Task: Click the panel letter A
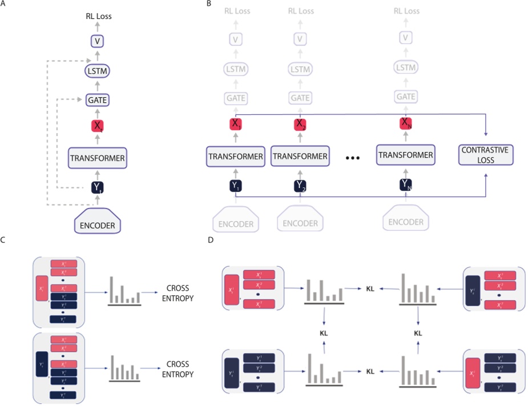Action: pyautogui.click(x=3, y=4)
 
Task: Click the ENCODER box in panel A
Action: pyautogui.click(x=96, y=225)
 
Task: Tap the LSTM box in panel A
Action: pyautogui.click(x=96, y=71)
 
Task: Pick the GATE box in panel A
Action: pyautogui.click(x=96, y=100)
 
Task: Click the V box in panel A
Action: pyautogui.click(x=96, y=41)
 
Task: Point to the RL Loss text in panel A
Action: pyautogui.click(x=96, y=16)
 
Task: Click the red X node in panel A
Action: pyautogui.click(x=96, y=127)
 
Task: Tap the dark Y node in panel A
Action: pyautogui.click(x=96, y=186)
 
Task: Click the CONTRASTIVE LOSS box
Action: pyautogui.click(x=485, y=155)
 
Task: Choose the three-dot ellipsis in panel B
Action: pyautogui.click(x=349, y=156)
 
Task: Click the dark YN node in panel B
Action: pyautogui.click(x=405, y=184)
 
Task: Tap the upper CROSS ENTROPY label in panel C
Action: pyautogui.click(x=179, y=292)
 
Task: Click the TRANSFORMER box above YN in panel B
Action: pyautogui.click(x=405, y=155)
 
